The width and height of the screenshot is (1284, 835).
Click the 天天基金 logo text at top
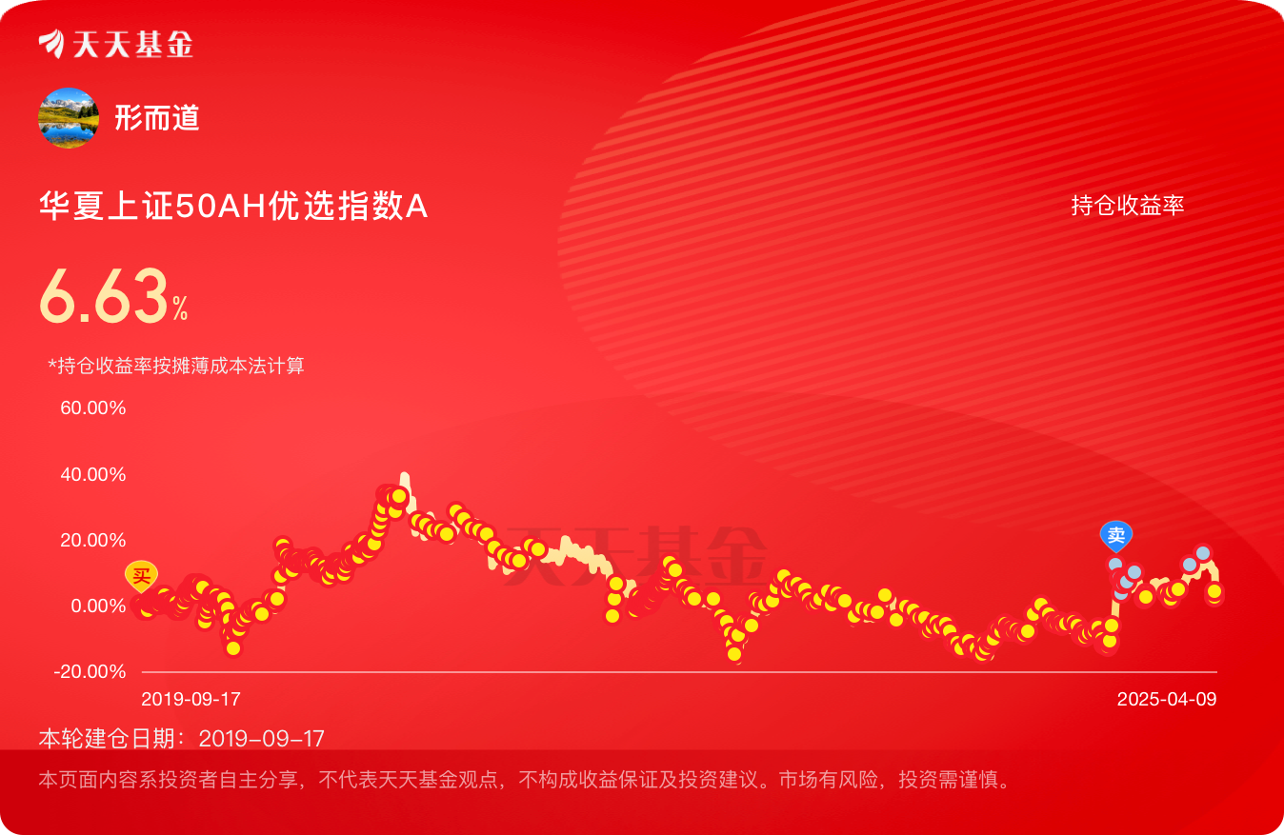tap(133, 44)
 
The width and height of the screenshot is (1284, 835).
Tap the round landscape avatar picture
tap(69, 118)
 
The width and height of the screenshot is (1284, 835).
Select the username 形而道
tap(157, 118)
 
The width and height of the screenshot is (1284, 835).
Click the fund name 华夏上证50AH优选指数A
tap(233, 206)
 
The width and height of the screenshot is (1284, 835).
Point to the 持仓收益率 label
tap(1128, 205)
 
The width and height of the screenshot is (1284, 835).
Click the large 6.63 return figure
tap(104, 296)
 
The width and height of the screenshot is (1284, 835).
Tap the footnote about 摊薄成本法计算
tap(176, 365)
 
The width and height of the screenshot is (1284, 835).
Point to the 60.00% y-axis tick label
tap(92, 408)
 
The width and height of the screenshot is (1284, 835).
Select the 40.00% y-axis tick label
tap(92, 474)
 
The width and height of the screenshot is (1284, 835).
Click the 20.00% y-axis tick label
tap(92, 540)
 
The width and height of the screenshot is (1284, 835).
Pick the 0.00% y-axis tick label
tap(98, 606)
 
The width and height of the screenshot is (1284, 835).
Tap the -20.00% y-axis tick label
tap(90, 671)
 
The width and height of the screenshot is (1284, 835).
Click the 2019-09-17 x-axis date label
tap(191, 699)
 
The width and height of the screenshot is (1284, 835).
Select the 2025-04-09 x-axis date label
tap(1167, 699)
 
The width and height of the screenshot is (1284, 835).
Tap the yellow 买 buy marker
tap(142, 575)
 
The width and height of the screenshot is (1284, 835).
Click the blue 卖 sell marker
tap(1116, 536)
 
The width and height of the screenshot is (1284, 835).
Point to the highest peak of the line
tap(405, 474)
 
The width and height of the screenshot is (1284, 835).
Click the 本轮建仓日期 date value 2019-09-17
tap(261, 739)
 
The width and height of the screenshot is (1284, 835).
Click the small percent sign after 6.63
tap(181, 308)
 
